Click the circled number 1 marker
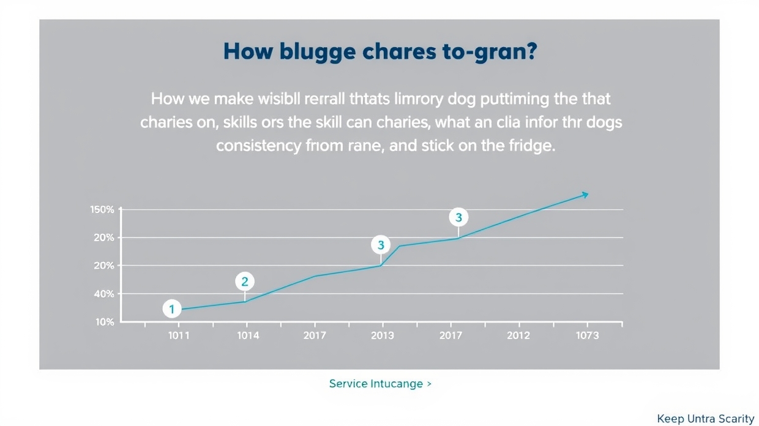[172, 309]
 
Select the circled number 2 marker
[245, 282]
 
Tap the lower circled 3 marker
[381, 245]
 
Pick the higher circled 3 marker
[458, 217]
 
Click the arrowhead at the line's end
[585, 195]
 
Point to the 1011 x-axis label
[179, 335]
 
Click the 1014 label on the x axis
[247, 335]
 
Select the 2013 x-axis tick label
[383, 335]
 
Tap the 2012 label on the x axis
[518, 335]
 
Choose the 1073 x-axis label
[587, 335]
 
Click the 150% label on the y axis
[102, 210]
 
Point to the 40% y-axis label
[104, 294]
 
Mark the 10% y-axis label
[105, 322]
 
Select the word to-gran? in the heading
[489, 52]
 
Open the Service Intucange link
[379, 384]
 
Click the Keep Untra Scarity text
[705, 419]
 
